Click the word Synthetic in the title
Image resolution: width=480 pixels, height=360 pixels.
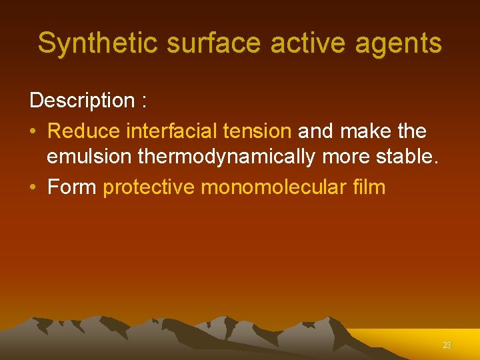(97, 43)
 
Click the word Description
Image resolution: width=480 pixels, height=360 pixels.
(82, 101)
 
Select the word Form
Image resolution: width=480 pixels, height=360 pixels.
(72, 187)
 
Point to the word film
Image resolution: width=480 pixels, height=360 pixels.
(369, 187)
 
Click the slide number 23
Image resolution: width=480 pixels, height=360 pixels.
(447, 345)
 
